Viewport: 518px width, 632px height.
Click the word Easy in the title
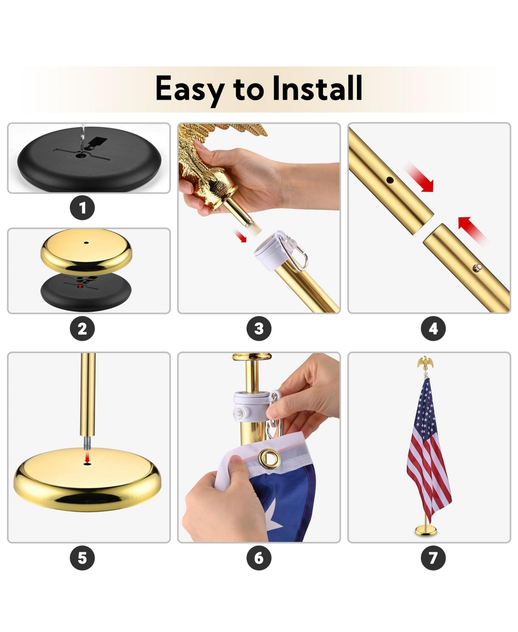[189, 89]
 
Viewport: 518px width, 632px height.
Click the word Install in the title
[318, 88]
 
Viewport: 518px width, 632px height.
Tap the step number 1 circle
[82, 208]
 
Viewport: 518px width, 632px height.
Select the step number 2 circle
[82, 329]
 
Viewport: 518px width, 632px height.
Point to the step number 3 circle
[259, 329]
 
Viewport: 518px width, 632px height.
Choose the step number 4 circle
[433, 329]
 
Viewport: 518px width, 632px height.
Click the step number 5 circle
[82, 558]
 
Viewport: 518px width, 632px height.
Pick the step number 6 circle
[259, 558]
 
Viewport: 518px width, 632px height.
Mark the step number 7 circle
[433, 558]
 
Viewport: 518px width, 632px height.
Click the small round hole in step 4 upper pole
[390, 180]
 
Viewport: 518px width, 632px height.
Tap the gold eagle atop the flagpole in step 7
[425, 363]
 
